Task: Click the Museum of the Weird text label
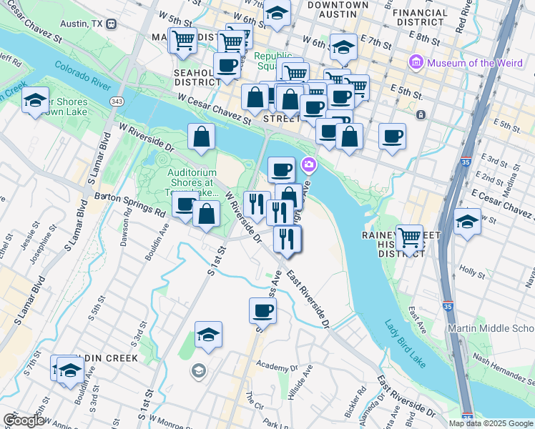coord(475,63)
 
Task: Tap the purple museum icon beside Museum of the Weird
coord(416,63)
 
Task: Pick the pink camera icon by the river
coord(309,165)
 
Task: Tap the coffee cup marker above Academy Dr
coord(262,310)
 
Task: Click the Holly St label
coord(472,272)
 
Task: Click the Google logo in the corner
coord(23,420)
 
